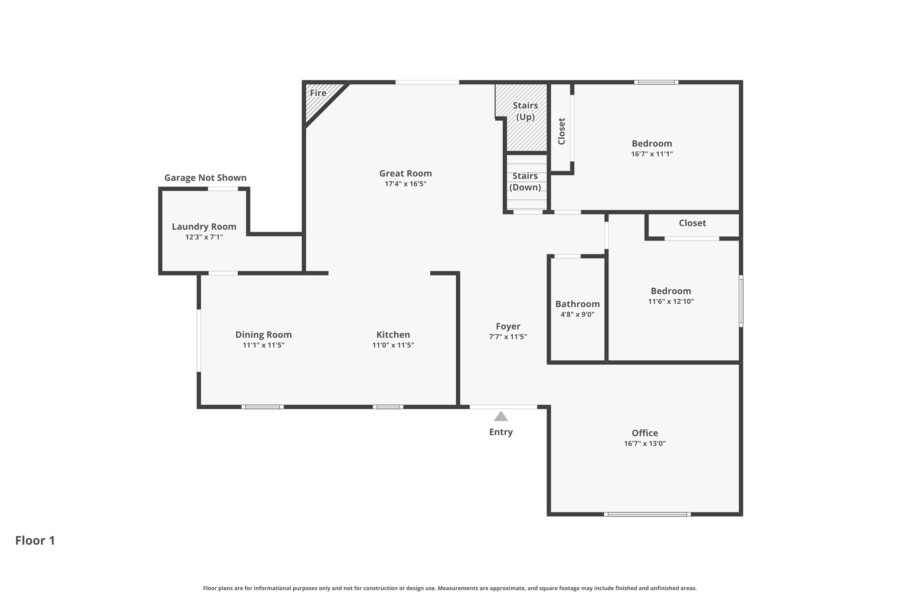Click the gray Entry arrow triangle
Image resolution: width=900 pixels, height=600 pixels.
click(501, 416)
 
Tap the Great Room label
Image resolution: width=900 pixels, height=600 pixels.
click(405, 173)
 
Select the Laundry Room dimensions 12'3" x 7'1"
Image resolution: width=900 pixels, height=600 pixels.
click(204, 237)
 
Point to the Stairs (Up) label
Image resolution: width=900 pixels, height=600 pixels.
click(525, 111)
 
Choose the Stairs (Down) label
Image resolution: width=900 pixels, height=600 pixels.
click(525, 182)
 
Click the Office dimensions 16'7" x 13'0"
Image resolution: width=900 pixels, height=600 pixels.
click(645, 444)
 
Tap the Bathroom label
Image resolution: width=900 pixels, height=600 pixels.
click(577, 304)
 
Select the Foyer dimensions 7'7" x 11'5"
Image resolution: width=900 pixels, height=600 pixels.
click(508, 337)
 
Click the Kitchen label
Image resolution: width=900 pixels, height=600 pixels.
click(393, 335)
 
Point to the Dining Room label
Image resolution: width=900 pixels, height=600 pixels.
click(263, 335)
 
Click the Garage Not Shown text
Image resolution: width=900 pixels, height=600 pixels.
click(205, 178)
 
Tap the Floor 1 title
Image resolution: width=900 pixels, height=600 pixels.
click(35, 540)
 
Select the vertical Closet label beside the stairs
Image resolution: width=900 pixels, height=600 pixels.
click(561, 131)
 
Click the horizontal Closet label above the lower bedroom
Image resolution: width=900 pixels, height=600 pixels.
click(692, 223)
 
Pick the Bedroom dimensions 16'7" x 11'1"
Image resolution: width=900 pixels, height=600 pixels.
click(652, 154)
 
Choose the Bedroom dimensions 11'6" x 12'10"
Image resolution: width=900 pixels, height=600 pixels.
click(671, 302)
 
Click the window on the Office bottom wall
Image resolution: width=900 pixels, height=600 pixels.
click(647, 514)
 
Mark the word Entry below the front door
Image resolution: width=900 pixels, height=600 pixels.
click(501, 432)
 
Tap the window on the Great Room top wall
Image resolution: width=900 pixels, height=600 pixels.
click(427, 82)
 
